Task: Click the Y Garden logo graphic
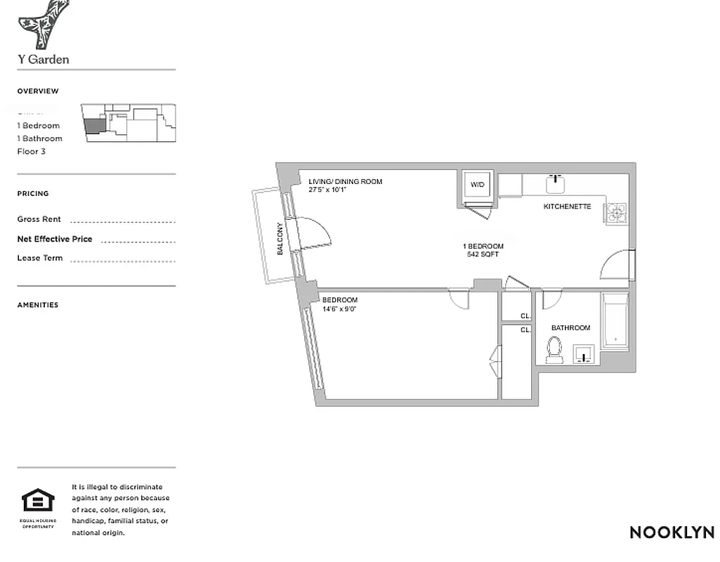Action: [x=43, y=24]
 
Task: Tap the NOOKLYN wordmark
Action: [x=672, y=532]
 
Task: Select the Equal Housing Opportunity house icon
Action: [x=38, y=501]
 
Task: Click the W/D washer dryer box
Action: [x=478, y=185]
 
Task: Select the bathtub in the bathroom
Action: [x=615, y=322]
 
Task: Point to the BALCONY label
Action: [x=280, y=238]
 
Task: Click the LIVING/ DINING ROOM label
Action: [x=345, y=181]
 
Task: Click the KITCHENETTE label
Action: [x=567, y=207]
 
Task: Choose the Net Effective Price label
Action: [x=55, y=239]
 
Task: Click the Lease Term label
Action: [x=40, y=258]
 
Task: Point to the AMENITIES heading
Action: [x=38, y=305]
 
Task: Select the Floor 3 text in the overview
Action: [x=32, y=151]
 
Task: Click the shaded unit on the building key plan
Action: [x=93, y=126]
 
